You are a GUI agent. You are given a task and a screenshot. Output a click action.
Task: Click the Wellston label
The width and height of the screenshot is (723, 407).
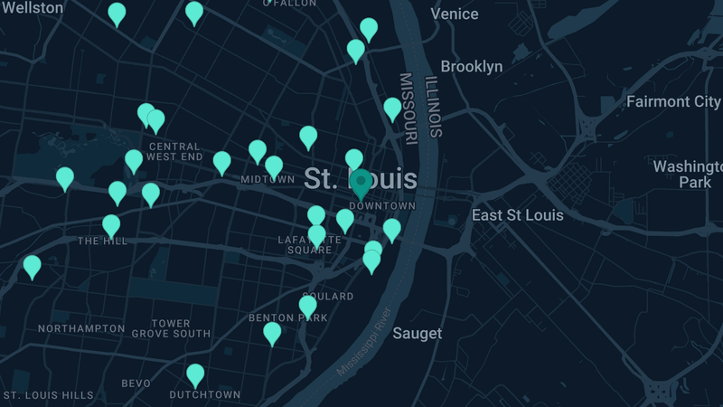click(33, 8)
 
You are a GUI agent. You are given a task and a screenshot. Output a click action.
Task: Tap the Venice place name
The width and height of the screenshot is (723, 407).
click(455, 14)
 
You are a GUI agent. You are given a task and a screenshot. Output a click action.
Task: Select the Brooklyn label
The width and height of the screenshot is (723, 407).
click(471, 66)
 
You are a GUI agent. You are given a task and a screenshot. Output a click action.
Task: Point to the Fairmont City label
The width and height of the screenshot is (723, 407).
click(673, 101)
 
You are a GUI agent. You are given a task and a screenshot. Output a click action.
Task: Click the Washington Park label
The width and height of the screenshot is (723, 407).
click(689, 175)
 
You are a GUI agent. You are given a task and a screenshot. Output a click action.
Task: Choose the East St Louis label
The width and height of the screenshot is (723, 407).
click(517, 215)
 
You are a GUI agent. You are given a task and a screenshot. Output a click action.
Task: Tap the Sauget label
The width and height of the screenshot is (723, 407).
click(418, 334)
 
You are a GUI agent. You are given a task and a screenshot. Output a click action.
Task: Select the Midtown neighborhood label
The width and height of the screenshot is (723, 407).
click(268, 179)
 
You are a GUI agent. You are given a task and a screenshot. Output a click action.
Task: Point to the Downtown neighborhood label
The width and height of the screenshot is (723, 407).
click(381, 206)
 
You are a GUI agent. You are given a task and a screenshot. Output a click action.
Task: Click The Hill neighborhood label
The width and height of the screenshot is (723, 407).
click(102, 241)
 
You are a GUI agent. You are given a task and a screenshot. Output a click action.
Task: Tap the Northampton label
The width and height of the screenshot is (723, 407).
click(81, 328)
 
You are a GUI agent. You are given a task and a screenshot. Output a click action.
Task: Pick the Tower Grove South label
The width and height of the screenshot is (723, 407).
click(171, 328)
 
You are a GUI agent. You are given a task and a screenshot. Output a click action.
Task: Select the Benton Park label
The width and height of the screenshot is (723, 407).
click(287, 318)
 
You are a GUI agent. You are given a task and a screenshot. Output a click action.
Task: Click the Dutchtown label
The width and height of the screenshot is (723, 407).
click(205, 394)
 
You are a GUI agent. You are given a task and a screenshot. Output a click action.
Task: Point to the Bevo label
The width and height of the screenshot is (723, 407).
click(136, 383)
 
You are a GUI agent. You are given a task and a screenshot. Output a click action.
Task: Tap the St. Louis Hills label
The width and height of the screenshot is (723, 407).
click(48, 395)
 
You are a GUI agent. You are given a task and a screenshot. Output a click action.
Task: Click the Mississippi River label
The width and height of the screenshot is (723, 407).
click(363, 346)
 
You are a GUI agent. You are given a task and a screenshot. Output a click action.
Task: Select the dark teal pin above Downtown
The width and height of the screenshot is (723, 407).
click(361, 183)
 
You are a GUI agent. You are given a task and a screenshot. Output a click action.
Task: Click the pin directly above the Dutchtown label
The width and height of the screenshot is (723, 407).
click(195, 374)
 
